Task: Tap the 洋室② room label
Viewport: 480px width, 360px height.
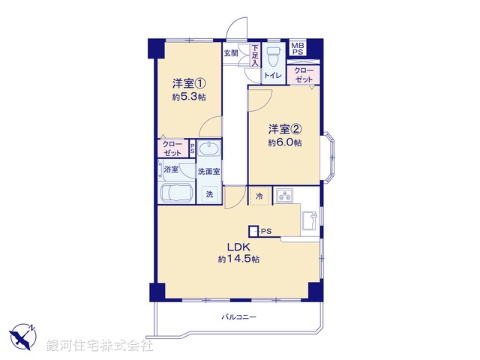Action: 285,129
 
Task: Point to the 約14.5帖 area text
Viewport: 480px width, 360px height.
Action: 238,259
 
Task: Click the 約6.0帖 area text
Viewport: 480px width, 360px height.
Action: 285,142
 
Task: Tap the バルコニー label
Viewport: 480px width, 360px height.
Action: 238,317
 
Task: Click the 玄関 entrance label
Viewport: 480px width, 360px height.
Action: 231,53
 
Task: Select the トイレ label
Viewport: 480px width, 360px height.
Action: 273,75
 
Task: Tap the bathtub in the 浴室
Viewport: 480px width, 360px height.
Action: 177,193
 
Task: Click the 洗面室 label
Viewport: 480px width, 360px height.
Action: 208,171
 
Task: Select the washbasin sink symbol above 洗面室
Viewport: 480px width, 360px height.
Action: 211,148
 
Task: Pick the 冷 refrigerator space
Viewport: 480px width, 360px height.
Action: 259,196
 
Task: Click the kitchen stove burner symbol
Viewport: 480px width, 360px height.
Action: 285,196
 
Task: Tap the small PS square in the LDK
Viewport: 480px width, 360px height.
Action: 254,231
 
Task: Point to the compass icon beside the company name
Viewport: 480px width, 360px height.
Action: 22,334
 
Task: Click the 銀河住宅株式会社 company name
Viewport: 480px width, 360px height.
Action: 100,346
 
